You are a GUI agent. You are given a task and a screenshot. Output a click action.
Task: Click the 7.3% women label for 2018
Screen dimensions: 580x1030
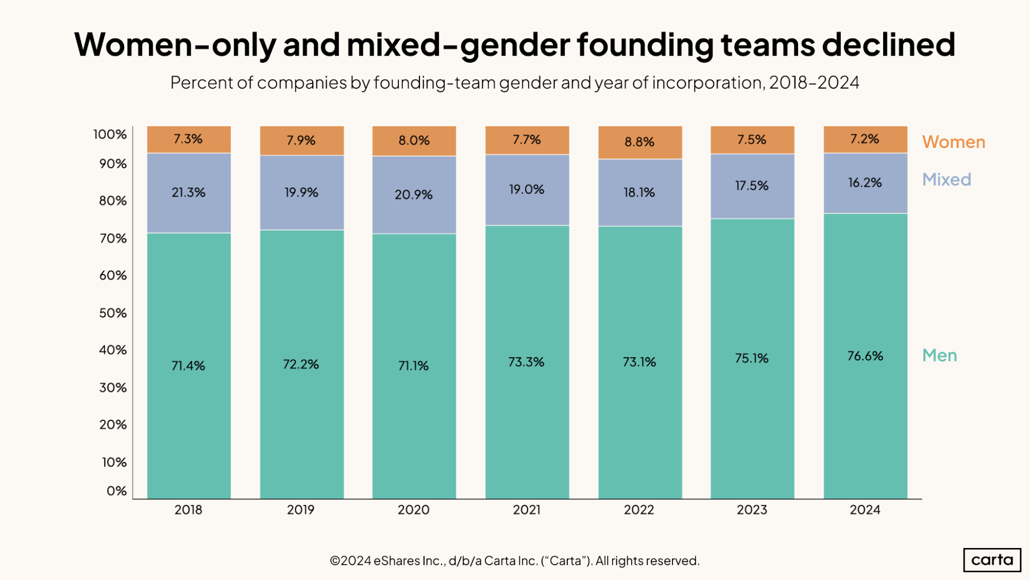click(x=188, y=139)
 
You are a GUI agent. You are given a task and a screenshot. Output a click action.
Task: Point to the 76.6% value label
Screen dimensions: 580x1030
click(x=865, y=356)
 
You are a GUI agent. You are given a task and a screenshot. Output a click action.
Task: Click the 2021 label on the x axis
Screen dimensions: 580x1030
click(x=527, y=510)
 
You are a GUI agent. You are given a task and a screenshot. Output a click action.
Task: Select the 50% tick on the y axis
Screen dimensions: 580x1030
click(x=113, y=313)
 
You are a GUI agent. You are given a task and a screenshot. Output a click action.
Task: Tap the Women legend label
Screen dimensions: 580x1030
click(x=953, y=142)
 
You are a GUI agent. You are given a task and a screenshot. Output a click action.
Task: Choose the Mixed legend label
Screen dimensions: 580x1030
click(x=947, y=179)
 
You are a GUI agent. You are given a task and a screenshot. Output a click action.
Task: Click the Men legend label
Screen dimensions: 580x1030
click(x=939, y=355)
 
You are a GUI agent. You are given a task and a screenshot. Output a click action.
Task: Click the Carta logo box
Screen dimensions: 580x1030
click(x=992, y=560)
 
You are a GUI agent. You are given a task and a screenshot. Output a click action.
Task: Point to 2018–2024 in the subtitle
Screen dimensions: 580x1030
click(x=814, y=82)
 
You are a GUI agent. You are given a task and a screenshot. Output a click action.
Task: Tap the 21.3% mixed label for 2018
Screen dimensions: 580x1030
click(x=189, y=192)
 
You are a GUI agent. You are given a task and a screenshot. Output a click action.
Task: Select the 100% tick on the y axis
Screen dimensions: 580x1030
click(x=110, y=135)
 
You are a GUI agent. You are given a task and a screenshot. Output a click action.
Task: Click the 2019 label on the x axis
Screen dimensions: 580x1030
click(x=301, y=510)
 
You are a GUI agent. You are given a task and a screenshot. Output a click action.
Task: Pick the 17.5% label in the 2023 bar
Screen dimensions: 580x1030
click(x=752, y=186)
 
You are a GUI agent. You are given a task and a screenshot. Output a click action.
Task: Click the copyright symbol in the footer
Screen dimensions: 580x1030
click(x=335, y=561)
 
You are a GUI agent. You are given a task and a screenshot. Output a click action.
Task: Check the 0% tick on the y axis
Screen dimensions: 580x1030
click(x=116, y=491)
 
